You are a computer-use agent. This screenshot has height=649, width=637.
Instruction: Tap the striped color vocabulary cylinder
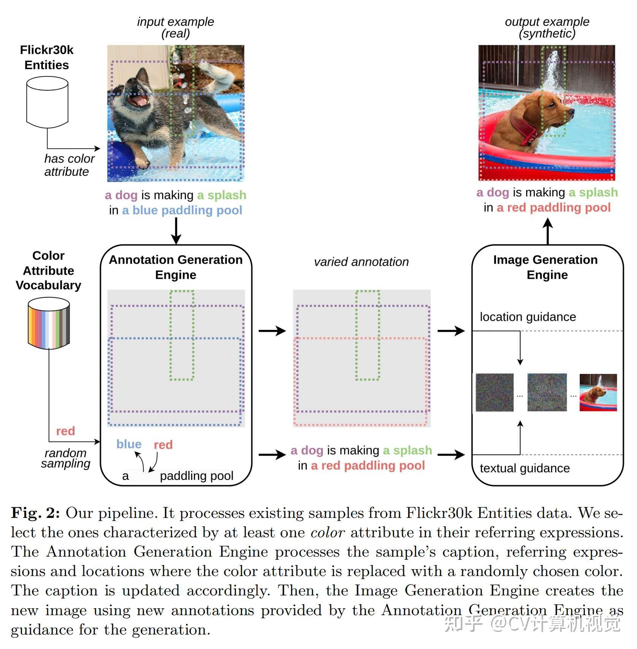coord(49,323)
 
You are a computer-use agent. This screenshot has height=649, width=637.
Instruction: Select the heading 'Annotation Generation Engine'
coord(176,267)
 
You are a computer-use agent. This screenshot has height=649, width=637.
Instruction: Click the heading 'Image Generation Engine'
coord(546,267)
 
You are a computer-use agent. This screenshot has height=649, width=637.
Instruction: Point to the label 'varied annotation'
coord(361,262)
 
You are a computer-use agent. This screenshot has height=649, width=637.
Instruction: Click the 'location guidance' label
coord(528,317)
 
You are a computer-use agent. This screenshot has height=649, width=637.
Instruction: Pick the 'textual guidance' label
coord(524,469)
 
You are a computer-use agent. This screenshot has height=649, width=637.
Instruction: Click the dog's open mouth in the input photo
coord(138,100)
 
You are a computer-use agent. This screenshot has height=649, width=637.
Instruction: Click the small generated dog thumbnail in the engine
coord(598,393)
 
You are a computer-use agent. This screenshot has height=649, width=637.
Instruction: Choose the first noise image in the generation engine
coord(494,393)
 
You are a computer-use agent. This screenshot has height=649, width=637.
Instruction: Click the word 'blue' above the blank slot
coord(129,444)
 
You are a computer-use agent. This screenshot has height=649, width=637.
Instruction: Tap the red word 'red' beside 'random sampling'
coord(65,431)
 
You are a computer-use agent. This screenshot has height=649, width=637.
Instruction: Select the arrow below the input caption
coord(176,231)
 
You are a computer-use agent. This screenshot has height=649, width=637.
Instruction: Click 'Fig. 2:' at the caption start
coord(35,513)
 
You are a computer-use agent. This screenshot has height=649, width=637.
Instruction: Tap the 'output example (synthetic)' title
coord(547,27)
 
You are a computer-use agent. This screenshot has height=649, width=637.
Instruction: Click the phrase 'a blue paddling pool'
coord(182,210)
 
